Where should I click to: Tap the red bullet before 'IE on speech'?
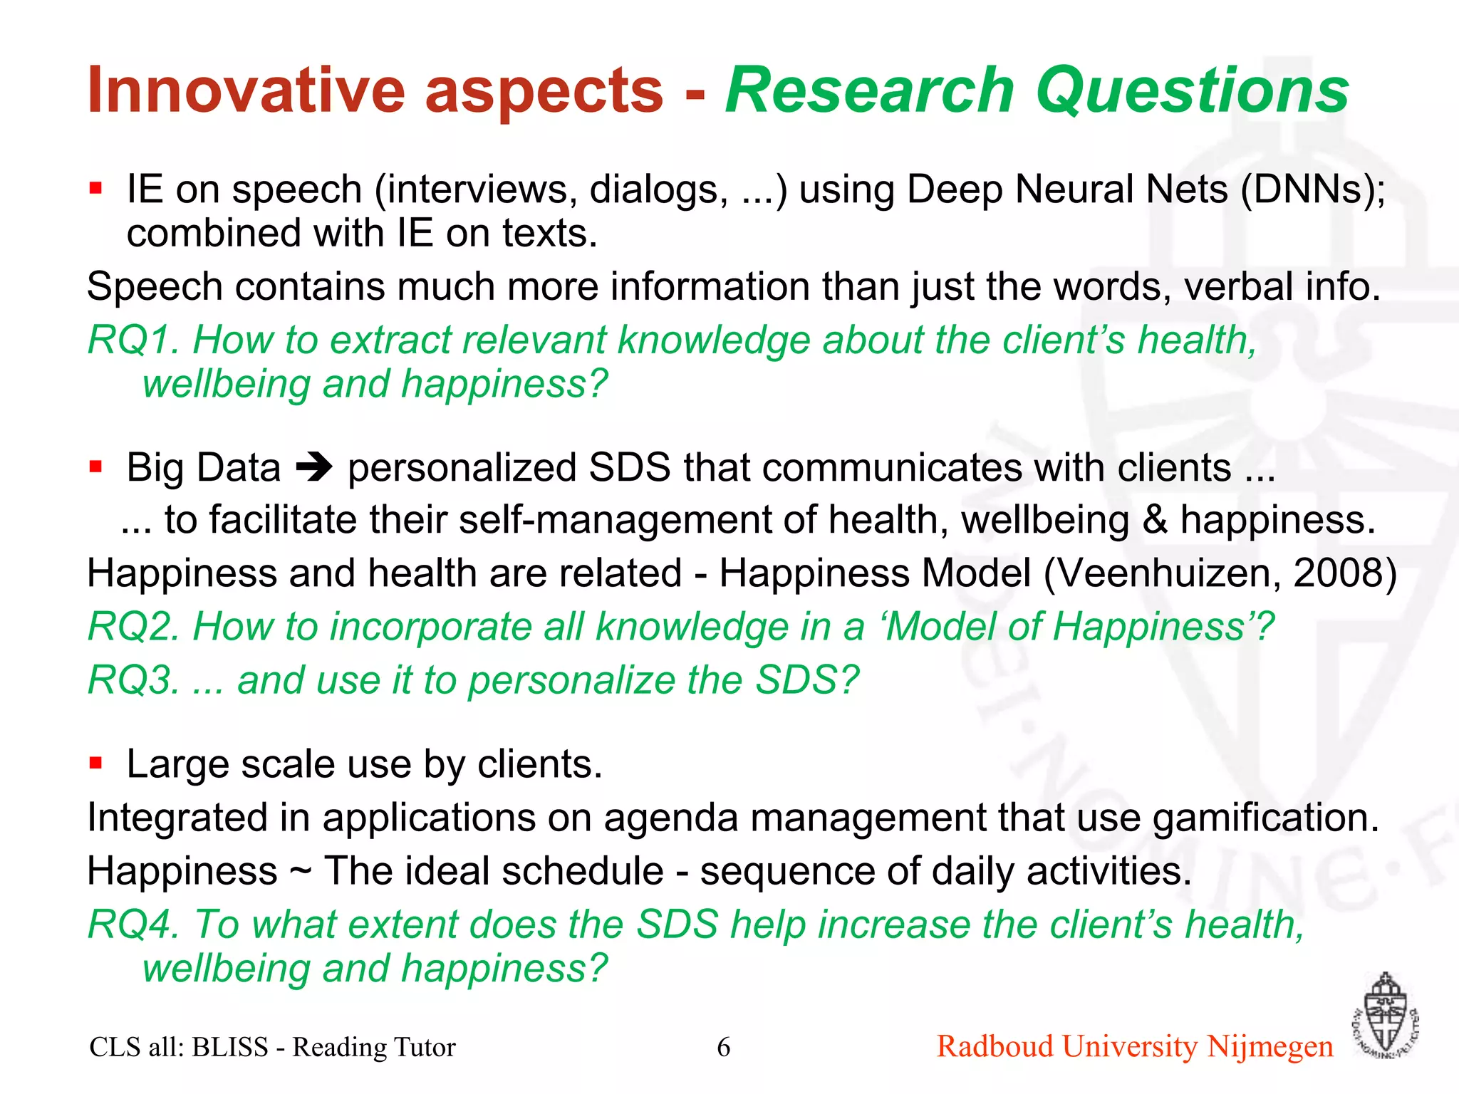point(95,189)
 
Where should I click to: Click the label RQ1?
point(133,340)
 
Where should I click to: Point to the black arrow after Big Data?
point(314,468)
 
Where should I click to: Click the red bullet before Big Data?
point(95,467)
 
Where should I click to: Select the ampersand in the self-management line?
point(1155,520)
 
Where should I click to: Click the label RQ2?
point(133,627)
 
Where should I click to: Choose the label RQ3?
point(133,680)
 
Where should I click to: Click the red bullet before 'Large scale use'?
point(95,764)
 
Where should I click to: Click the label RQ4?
point(133,924)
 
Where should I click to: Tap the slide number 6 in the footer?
point(723,1047)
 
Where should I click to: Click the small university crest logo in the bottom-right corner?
point(1383,1017)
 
